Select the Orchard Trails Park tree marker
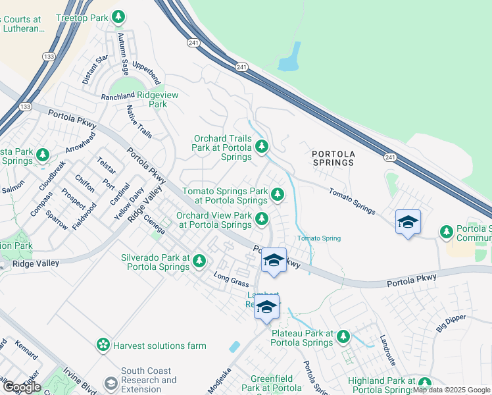pyautogui.click(x=262, y=146)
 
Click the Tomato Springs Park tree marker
pyautogui.click(x=278, y=194)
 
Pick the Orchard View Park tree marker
pyautogui.click(x=262, y=219)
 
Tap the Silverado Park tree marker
pyautogui.click(x=199, y=263)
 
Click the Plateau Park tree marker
pyautogui.click(x=343, y=337)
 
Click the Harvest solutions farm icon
pyautogui.click(x=103, y=345)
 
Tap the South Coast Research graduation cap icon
pyautogui.click(x=111, y=382)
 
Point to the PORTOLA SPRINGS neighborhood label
pyautogui.click(x=333, y=158)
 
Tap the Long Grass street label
pyautogui.click(x=230, y=279)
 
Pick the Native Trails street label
pyautogui.click(x=139, y=122)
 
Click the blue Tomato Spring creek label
pyautogui.click(x=319, y=238)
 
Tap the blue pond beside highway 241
pyautogui.click(x=289, y=58)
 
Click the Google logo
pyautogui.click(x=21, y=387)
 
